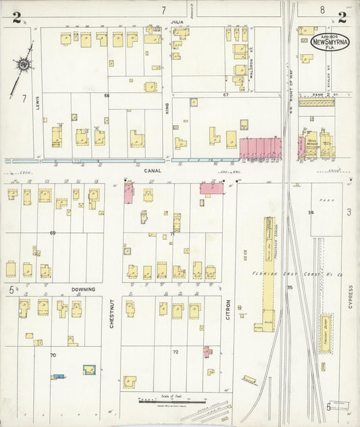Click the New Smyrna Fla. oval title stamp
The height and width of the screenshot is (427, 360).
coord(330,42)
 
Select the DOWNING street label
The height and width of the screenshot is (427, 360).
coord(84,289)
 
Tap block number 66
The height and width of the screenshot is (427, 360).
coord(106,96)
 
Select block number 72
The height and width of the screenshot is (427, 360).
coord(176,352)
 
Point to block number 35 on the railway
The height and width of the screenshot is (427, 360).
coord(289,288)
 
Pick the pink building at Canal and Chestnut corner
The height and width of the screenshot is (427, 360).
coord(128,193)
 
